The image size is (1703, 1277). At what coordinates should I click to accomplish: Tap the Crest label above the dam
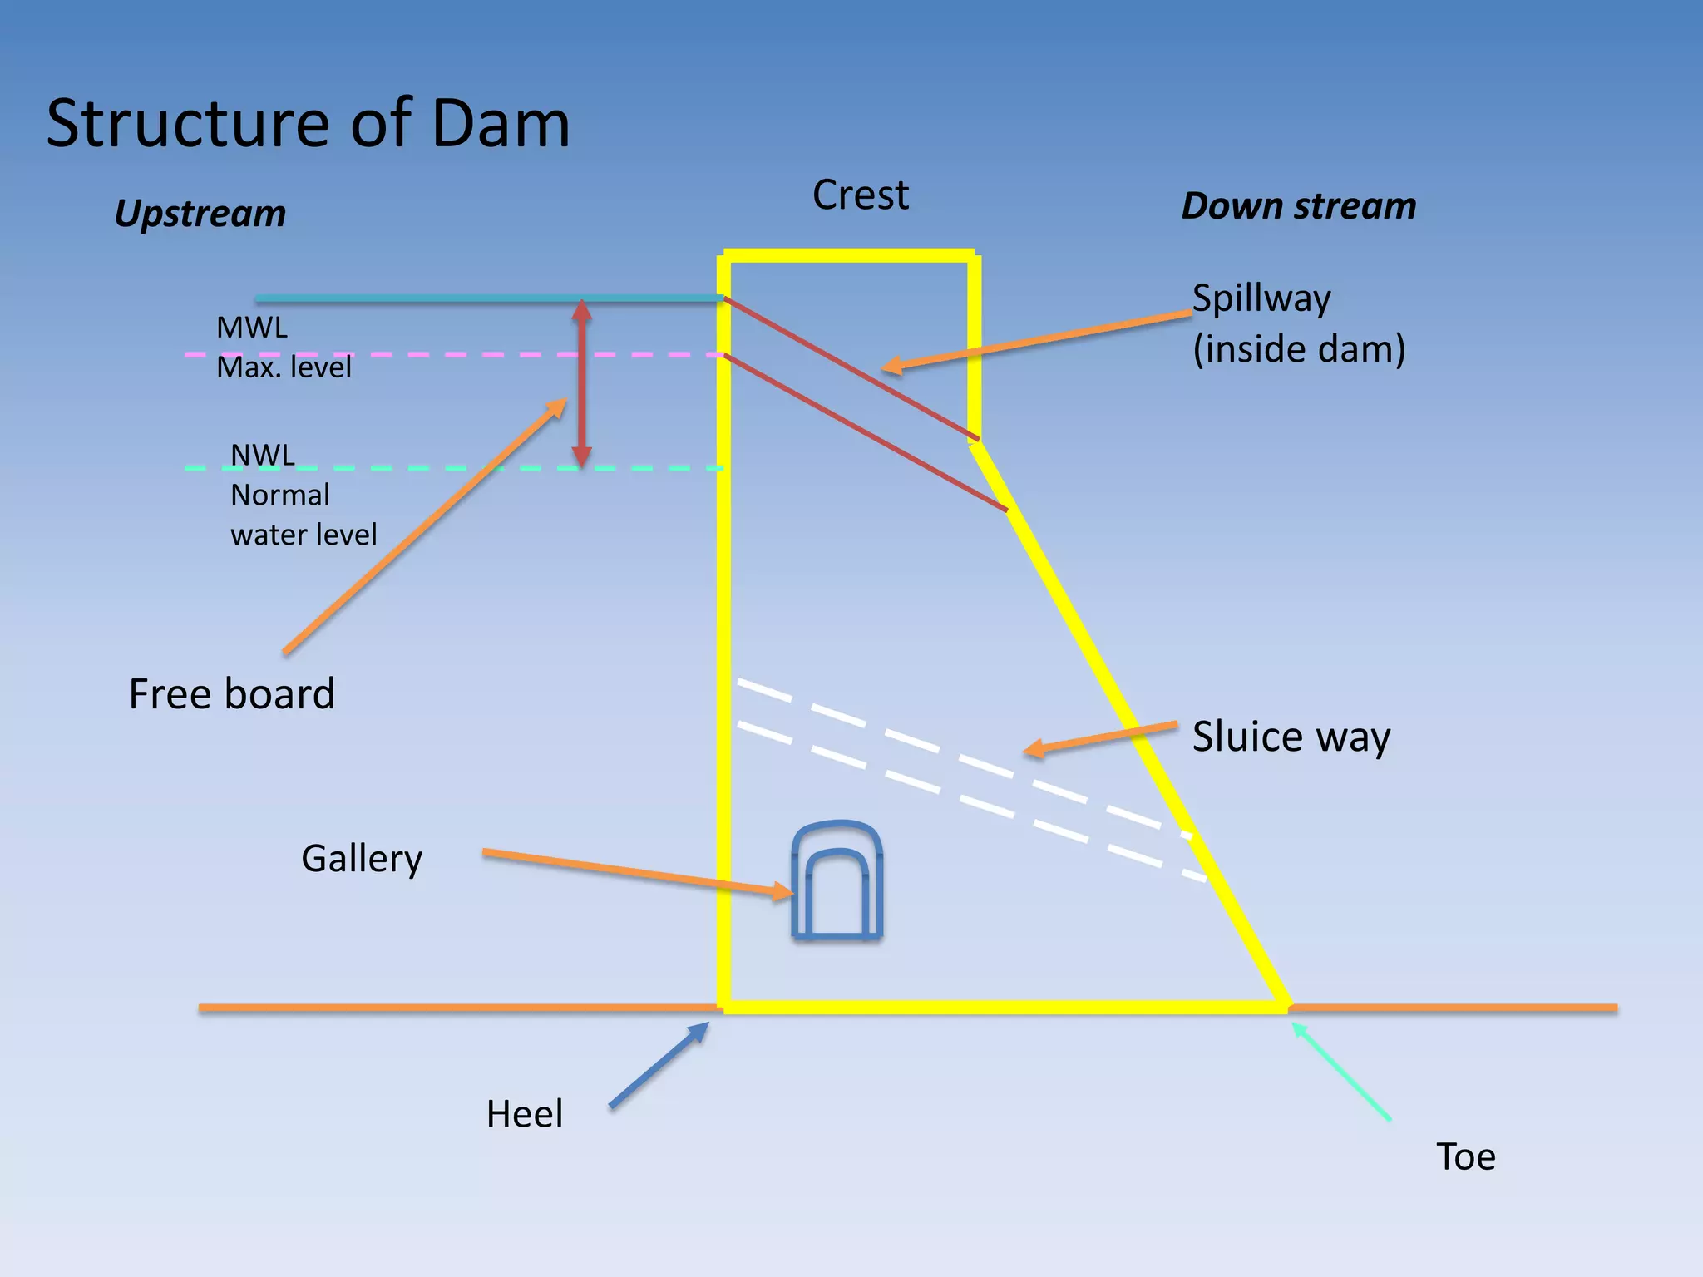tap(860, 195)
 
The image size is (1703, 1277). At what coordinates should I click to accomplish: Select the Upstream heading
tap(200, 214)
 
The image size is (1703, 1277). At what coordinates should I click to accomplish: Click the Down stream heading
tap(1298, 206)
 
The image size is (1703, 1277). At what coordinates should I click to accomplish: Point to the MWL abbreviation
tap(252, 328)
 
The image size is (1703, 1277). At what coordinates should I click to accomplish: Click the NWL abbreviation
tap(262, 456)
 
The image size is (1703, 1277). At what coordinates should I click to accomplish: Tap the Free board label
tap(231, 693)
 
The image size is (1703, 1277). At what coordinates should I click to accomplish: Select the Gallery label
tap(362, 858)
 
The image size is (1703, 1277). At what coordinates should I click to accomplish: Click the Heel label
tap(524, 1114)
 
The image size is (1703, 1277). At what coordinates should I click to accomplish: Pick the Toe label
tap(1465, 1156)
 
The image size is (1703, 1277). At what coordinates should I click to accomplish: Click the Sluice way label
tap(1291, 737)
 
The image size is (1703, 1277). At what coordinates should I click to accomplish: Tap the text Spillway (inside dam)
tap(1298, 323)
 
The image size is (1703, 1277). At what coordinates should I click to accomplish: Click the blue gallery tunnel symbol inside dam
tap(837, 881)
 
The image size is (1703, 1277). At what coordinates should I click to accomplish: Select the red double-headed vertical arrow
tap(582, 382)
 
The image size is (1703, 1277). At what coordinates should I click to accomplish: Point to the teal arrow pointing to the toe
tap(1340, 1072)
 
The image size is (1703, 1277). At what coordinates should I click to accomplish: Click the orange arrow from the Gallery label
tap(636, 870)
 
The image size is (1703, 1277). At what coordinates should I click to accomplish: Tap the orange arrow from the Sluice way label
tap(1099, 738)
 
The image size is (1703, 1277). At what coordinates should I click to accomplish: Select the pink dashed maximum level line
tap(499, 355)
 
